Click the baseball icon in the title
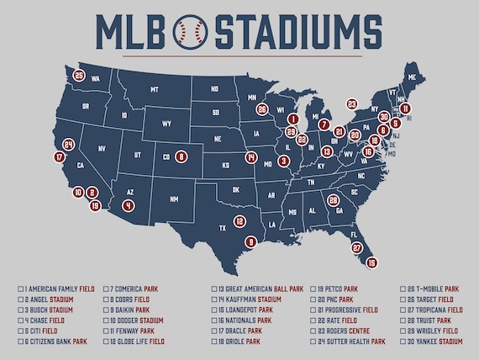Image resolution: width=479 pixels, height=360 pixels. coord(188,31)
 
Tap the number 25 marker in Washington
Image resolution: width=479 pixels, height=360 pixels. coord(79,76)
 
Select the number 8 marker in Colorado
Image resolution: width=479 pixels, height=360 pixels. coord(181,156)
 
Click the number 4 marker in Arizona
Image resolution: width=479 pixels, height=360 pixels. coord(128,204)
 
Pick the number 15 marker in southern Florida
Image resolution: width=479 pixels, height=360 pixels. coord(372,262)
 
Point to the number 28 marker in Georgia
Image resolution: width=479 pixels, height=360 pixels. coord(334,200)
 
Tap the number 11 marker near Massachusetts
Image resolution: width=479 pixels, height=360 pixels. coord(405,109)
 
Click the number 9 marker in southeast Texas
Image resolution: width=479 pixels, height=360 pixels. coord(250,242)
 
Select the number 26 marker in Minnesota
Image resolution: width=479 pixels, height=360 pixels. coord(263,109)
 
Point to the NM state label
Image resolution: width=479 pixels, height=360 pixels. coord(174,199)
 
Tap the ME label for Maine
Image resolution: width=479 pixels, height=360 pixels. coord(409,75)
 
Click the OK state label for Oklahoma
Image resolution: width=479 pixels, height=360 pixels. coord(236,189)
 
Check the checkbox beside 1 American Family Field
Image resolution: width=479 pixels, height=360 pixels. coord(21,289)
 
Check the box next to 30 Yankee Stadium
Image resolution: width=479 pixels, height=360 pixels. coord(404,342)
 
